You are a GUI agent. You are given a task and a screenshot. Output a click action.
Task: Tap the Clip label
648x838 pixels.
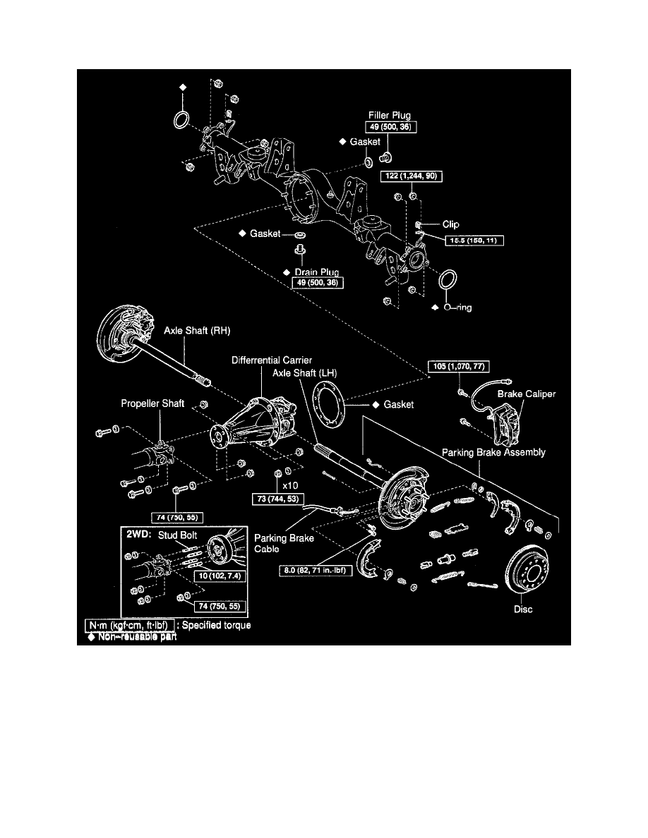(450, 225)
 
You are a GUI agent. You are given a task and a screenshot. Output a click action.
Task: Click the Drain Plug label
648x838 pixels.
(318, 272)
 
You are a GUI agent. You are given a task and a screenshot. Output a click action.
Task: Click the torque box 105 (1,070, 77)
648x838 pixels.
(458, 366)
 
